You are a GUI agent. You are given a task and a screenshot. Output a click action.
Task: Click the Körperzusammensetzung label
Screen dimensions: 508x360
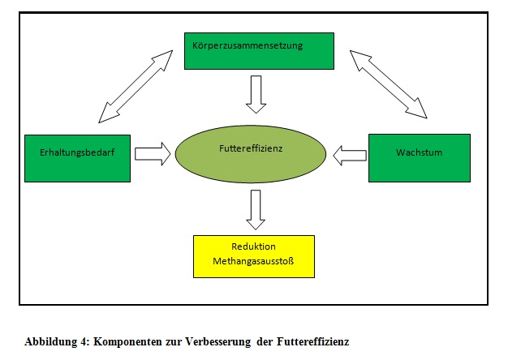pos(248,45)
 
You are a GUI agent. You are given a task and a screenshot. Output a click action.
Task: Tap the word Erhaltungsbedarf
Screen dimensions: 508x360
pos(77,152)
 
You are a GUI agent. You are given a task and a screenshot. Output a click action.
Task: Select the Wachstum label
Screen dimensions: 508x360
pos(419,152)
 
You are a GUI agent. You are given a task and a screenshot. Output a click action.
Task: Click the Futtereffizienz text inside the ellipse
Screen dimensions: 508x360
pos(251,148)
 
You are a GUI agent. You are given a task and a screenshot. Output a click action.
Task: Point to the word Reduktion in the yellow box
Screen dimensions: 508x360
pos(253,246)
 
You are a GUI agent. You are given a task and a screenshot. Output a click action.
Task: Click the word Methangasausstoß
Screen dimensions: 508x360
pos(253,261)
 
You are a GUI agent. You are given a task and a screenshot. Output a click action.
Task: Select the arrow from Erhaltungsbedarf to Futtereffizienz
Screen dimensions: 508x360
pos(153,154)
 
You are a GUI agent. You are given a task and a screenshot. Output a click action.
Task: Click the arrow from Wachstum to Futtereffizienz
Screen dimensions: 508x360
pos(350,156)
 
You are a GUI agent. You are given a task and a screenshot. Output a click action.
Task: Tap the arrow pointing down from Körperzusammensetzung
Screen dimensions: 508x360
pos(256,95)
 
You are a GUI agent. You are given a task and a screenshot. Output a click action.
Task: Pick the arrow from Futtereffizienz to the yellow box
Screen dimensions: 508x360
pos(256,210)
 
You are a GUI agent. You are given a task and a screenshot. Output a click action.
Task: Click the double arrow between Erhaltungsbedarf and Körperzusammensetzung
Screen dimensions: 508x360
pos(136,87)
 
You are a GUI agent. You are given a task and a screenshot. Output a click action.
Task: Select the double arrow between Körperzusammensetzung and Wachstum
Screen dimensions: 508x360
pos(389,84)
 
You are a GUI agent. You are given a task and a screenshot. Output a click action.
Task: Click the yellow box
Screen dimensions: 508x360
pos(254,256)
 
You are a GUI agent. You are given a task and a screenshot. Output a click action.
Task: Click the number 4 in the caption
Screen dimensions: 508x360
pos(84,341)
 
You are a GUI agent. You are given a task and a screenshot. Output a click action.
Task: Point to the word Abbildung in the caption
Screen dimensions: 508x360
pos(51,342)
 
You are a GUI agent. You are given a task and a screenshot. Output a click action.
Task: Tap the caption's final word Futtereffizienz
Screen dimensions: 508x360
pos(312,341)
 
